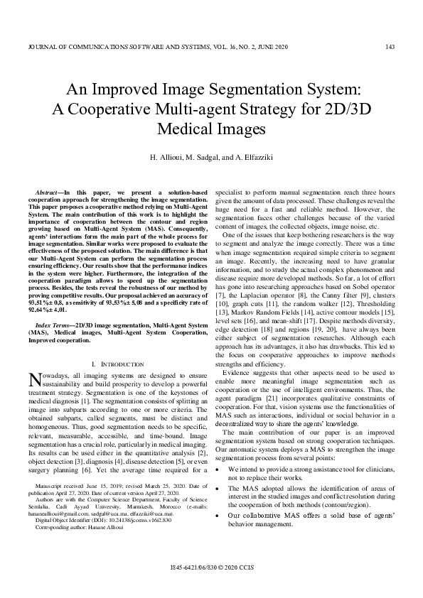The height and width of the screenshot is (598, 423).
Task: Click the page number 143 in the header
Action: coord(390,47)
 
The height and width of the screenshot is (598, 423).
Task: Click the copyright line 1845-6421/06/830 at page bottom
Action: coord(211,588)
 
